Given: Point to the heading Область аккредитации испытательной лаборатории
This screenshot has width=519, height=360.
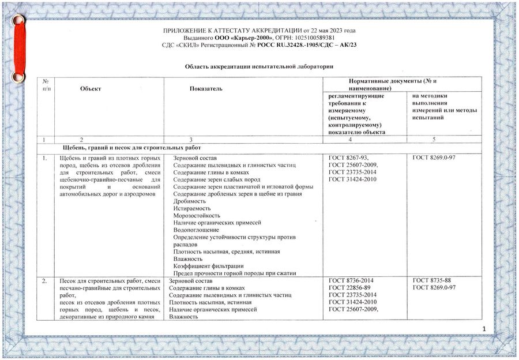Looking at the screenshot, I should tap(259, 67).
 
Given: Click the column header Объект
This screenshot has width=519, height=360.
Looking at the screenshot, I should tap(91, 88).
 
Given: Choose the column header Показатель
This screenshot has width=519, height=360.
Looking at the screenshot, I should tap(205, 88).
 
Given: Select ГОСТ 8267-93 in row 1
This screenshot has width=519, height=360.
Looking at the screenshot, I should tap(348, 157).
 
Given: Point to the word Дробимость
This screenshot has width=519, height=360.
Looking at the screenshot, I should tap(189, 201).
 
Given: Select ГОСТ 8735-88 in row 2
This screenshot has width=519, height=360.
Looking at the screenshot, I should tap(432, 280).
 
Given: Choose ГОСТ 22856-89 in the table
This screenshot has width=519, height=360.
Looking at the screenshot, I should tap(348, 287).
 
